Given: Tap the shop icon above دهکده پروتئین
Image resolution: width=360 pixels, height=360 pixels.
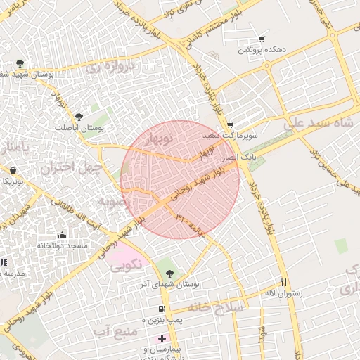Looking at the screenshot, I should point(262,39).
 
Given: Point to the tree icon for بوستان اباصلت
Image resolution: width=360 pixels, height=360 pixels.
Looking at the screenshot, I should point(79,117).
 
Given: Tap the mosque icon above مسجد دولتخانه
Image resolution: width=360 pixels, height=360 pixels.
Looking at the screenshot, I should point(63,236).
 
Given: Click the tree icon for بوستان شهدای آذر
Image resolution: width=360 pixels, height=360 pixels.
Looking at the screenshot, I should point(167,272).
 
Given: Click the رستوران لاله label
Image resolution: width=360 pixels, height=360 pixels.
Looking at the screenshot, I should point(283,292).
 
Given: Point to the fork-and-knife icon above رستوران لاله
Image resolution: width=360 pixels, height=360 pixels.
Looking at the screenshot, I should point(284,281).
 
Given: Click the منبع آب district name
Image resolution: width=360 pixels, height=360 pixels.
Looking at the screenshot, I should point(113,330).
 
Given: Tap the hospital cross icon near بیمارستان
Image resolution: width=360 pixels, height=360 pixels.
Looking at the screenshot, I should point(162,339).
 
